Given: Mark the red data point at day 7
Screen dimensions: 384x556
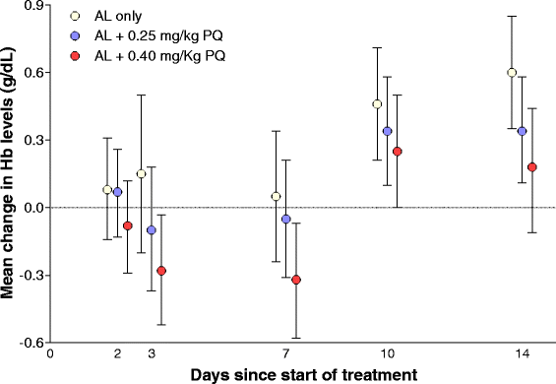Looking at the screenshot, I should click(296, 280).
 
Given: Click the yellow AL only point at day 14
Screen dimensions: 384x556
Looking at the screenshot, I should click(512, 72).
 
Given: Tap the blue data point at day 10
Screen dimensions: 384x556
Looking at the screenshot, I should click(388, 131).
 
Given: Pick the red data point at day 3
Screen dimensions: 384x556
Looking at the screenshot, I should click(161, 270).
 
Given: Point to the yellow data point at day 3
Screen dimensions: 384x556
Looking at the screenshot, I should click(141, 173).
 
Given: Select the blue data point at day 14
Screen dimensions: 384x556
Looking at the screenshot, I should click(522, 131).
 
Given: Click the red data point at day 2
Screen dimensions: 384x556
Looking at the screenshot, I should click(127, 225).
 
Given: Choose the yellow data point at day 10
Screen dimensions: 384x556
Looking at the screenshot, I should click(377, 103).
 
